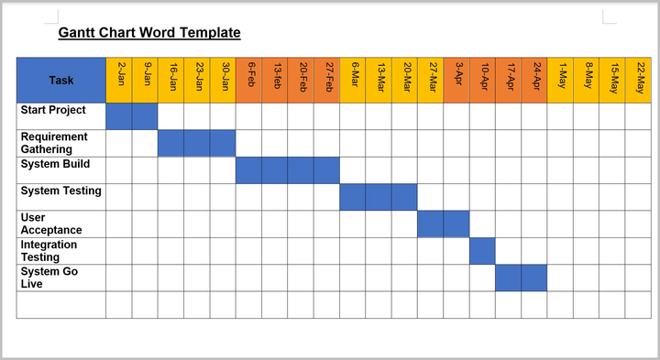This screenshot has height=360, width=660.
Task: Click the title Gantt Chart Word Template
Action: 149,33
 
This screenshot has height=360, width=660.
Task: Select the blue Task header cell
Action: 61,80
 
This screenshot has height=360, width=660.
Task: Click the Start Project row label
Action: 53,110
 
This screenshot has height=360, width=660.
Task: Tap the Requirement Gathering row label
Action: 54,143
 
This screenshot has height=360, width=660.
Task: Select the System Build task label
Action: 55,164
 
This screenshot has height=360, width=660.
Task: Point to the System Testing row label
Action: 60,191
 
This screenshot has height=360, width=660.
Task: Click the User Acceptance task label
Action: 51,224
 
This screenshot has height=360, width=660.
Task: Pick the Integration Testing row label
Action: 49,251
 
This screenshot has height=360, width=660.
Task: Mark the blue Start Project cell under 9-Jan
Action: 145,116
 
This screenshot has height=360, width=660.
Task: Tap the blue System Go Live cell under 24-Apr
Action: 534,278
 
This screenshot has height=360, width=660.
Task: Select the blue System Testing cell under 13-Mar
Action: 379,197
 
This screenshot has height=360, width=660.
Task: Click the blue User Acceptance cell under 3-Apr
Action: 456,224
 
